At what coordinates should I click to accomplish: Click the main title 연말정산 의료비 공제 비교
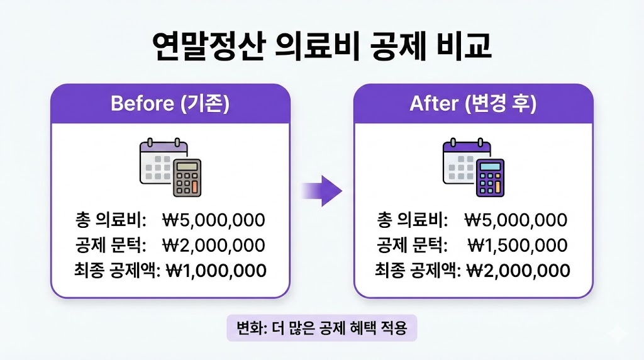click(x=321, y=47)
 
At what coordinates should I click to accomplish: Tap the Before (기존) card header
click(x=170, y=103)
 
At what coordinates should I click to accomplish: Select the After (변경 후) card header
click(x=473, y=103)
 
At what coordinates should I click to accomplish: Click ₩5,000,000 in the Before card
click(x=214, y=220)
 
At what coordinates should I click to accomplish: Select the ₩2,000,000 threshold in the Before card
click(x=214, y=245)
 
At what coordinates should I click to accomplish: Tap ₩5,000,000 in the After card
click(x=516, y=220)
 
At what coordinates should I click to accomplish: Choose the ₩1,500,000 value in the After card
click(x=518, y=245)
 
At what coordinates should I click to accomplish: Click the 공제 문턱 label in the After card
click(x=413, y=245)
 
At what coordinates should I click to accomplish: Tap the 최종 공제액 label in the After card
click(x=419, y=271)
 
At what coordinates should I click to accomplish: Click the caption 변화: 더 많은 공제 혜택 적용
click(x=321, y=328)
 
